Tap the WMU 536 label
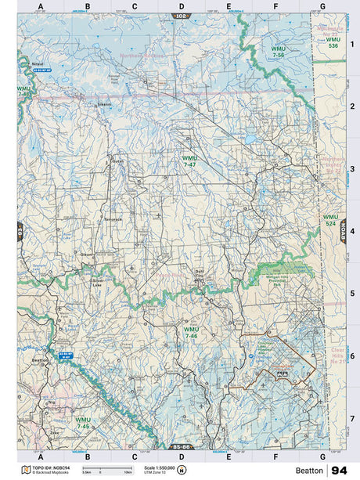pos(333,42)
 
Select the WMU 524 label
pos(331,219)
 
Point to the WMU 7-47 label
pos(190,161)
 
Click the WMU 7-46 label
pos(190,333)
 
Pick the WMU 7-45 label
pos(83,422)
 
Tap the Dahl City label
pos(199,276)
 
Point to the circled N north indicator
pos(182,470)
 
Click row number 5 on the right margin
pos(352,294)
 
